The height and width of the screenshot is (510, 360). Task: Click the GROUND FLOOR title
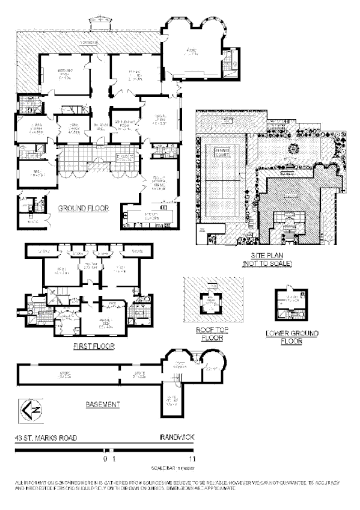[x=83, y=209]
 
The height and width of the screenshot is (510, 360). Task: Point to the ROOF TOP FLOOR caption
[x=210, y=334]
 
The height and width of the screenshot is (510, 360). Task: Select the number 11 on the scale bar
[x=192, y=459]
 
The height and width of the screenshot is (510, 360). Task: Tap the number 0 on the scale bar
[x=105, y=459]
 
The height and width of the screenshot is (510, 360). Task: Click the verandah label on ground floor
[x=90, y=43]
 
